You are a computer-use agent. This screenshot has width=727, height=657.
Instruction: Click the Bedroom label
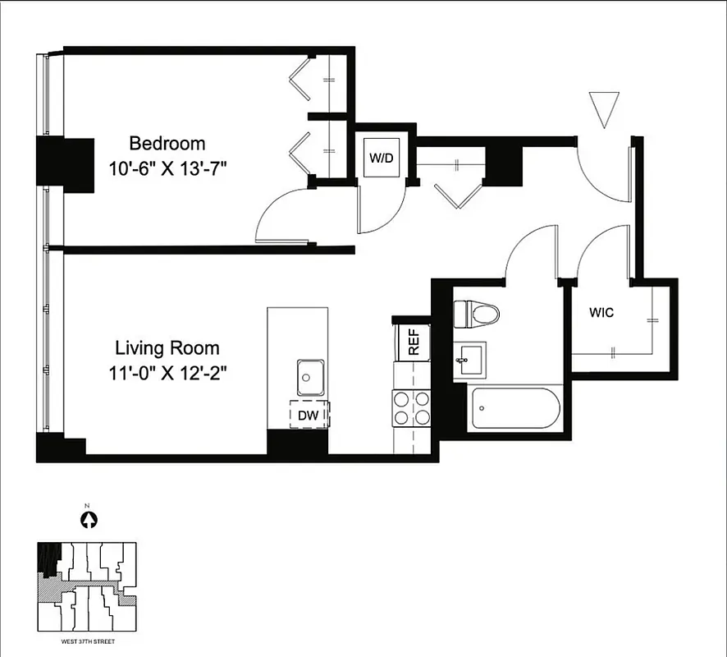tap(167, 144)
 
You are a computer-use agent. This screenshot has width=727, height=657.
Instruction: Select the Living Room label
tap(167, 347)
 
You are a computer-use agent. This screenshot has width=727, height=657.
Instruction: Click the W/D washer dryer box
tap(381, 156)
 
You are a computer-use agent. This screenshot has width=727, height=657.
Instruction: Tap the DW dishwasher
tap(308, 416)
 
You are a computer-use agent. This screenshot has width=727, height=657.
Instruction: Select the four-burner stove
tap(412, 407)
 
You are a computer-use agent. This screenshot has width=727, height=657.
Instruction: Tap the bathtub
tap(515, 408)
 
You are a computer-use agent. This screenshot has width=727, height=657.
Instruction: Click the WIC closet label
tap(601, 313)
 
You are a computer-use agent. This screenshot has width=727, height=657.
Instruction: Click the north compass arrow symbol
tap(89, 519)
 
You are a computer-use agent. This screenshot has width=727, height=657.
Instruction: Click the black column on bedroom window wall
tap(66, 164)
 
